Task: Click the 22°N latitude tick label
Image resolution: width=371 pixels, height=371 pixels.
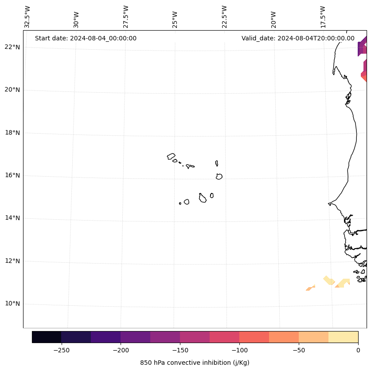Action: coord(12,47)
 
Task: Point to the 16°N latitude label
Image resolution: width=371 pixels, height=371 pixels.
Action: coord(12,176)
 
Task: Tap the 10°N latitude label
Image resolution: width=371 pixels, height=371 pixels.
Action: coord(12,304)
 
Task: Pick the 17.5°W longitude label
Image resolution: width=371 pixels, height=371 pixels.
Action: coord(323,16)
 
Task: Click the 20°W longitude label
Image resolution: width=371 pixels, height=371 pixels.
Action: coord(273,19)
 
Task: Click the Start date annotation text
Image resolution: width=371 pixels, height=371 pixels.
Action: coord(86,38)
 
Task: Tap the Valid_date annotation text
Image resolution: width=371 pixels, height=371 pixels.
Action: coord(298,38)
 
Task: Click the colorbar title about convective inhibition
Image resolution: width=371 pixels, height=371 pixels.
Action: coord(195,363)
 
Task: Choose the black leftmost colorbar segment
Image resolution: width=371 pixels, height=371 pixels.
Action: coord(47,337)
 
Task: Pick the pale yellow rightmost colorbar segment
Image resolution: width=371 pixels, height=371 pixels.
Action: coord(343,337)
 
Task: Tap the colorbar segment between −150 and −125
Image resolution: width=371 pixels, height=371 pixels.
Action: coord(195,337)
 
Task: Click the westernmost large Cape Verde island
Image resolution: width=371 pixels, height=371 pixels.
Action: coord(171,156)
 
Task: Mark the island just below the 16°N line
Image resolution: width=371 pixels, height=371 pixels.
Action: coord(219,177)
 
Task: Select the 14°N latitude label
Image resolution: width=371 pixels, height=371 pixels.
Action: coord(12,218)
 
